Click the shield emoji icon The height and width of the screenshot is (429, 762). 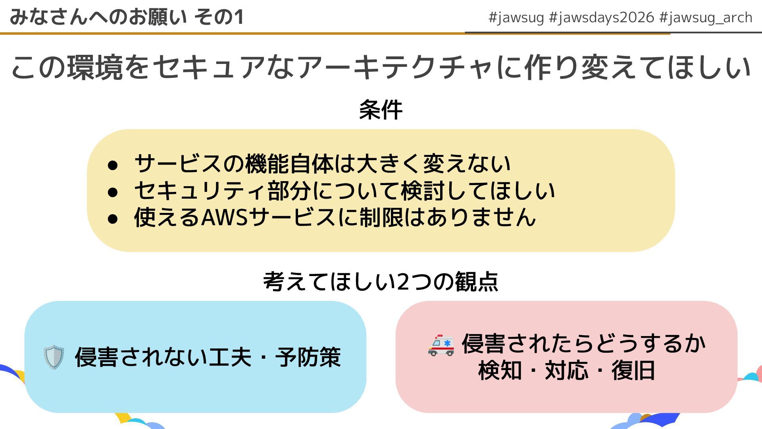click(x=54, y=357)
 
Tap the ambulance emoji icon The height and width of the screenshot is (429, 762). click(x=441, y=345)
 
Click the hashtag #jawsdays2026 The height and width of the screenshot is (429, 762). click(x=601, y=17)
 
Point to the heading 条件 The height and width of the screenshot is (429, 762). click(x=381, y=110)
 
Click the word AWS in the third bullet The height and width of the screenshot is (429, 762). click(x=225, y=217)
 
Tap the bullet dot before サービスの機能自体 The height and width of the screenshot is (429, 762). click(x=113, y=165)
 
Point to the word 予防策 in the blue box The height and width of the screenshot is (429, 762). click(x=308, y=357)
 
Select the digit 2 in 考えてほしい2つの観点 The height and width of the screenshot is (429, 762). click(x=403, y=282)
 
